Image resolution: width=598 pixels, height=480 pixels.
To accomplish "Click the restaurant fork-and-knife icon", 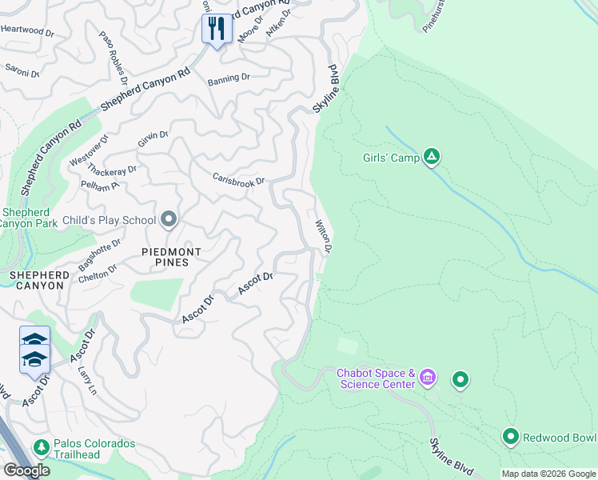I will pyautogui.click(x=217, y=30).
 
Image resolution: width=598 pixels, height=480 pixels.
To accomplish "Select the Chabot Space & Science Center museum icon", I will pyautogui.click(x=428, y=377).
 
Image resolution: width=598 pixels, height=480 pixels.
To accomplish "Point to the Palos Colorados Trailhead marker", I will pyautogui.click(x=40, y=446).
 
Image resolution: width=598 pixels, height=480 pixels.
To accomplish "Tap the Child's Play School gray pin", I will pyautogui.click(x=169, y=219).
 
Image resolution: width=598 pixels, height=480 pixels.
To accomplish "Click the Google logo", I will pyautogui.click(x=26, y=470).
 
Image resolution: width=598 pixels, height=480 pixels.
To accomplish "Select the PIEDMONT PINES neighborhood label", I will pyautogui.click(x=153, y=257).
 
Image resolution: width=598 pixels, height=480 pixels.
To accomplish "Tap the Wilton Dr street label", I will pyautogui.click(x=324, y=237).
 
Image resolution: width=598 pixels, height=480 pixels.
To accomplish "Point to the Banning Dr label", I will pyautogui.click(x=229, y=79).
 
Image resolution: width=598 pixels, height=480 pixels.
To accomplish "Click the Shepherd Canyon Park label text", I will pyautogui.click(x=29, y=218).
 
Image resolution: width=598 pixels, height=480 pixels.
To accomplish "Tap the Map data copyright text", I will pyautogui.click(x=548, y=474).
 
